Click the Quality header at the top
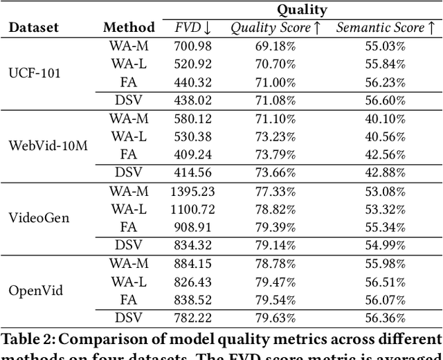302,10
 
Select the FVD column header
194,28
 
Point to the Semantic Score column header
386,28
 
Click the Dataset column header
33,28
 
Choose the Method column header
129,28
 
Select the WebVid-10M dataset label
48,146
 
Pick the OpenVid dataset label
35,290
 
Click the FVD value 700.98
194,46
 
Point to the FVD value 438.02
194,101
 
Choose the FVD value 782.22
194,317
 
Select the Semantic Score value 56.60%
386,101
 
